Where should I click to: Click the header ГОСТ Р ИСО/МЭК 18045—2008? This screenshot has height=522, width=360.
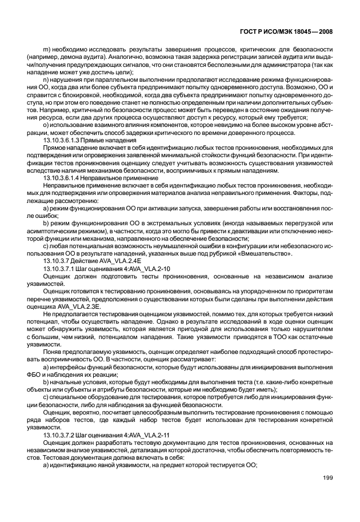[286, 33]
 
